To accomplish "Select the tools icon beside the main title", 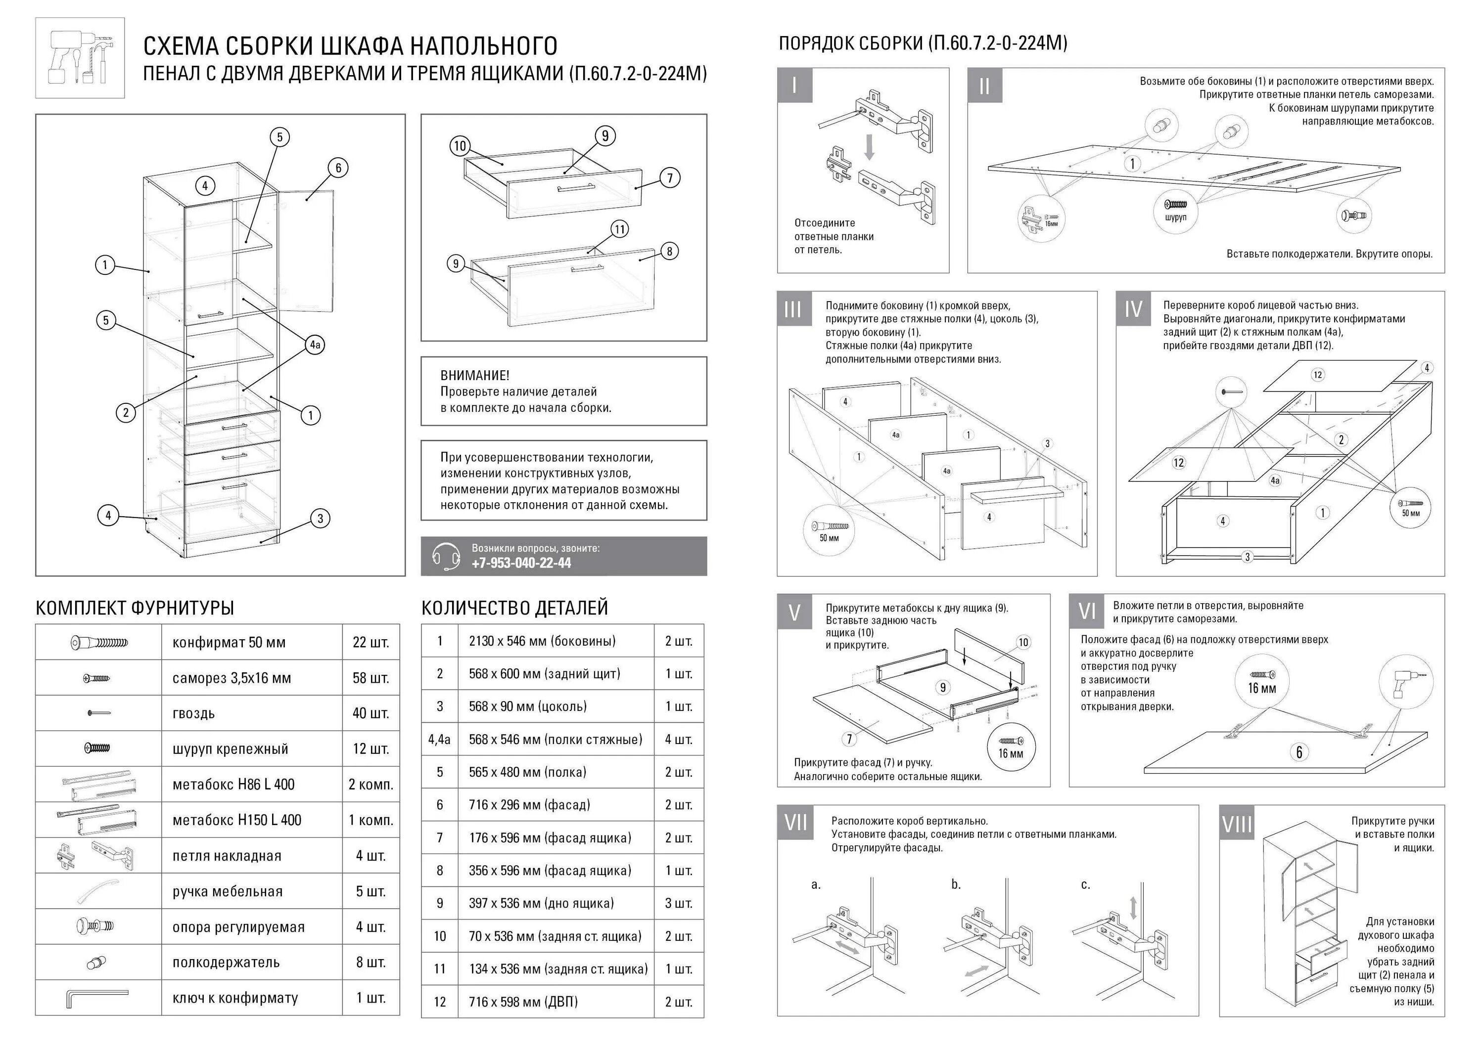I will [80, 58].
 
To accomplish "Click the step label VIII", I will [1237, 824].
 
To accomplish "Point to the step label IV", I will [1133, 309].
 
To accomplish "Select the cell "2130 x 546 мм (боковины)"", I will [542, 641].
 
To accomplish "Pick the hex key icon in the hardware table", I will [97, 998].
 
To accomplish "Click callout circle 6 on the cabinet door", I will [338, 168].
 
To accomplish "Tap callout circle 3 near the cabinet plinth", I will [320, 518].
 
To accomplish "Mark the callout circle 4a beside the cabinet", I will [315, 345].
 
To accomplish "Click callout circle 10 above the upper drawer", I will [460, 146].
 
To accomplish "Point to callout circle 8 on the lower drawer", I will [669, 251].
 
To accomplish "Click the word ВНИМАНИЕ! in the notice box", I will [474, 375].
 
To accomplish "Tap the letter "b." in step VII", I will [956, 885].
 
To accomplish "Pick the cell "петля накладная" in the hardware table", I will [227, 856].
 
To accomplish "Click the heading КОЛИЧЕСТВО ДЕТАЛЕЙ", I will [514, 608].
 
